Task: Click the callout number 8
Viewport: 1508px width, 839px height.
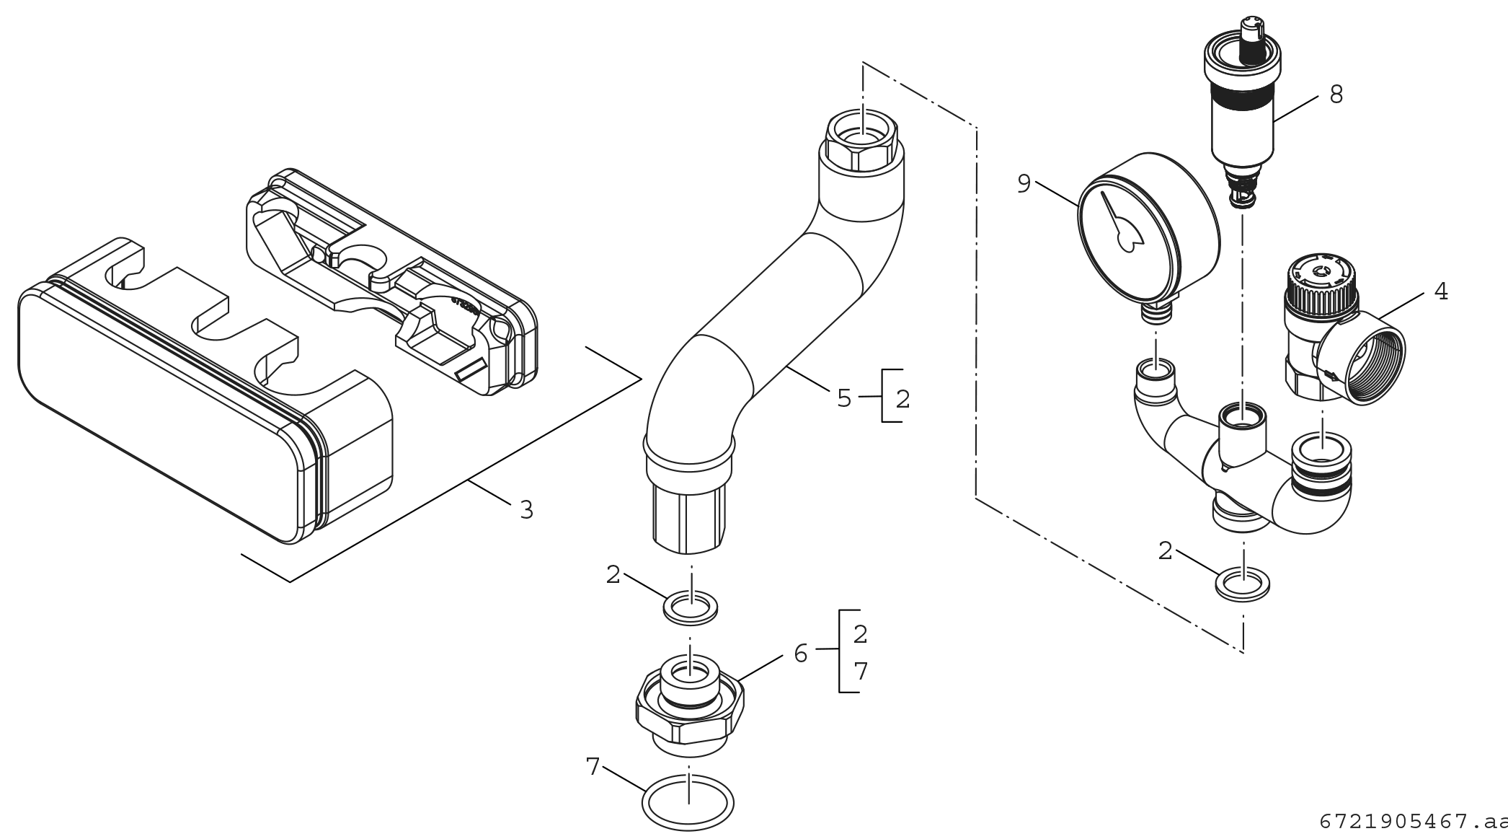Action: pyautogui.click(x=1336, y=95)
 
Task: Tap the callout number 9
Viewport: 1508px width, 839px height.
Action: pyautogui.click(x=1024, y=184)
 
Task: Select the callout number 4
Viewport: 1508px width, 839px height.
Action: pyautogui.click(x=1440, y=291)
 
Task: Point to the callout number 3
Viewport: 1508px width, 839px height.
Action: pyautogui.click(x=526, y=510)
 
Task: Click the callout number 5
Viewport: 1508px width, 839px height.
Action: pyautogui.click(x=844, y=398)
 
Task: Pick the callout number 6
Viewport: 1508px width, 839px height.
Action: pyautogui.click(x=800, y=654)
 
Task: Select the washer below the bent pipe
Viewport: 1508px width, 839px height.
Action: pyautogui.click(x=691, y=606)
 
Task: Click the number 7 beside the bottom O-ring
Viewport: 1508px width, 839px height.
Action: pyautogui.click(x=593, y=767)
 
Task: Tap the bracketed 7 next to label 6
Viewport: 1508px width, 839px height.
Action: pyautogui.click(x=860, y=672)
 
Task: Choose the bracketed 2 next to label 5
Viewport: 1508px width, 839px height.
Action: pyautogui.click(x=902, y=398)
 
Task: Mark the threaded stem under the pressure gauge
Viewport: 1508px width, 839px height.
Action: pyautogui.click(x=1156, y=312)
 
